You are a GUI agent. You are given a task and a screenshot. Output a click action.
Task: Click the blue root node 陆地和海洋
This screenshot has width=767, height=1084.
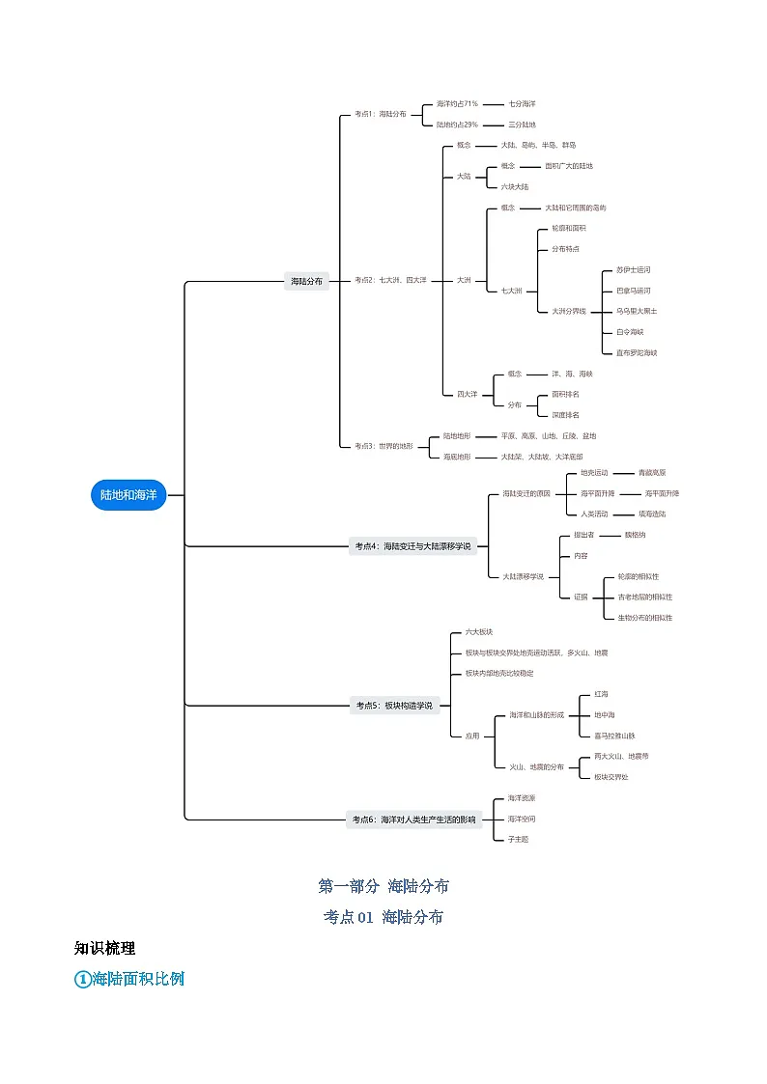pos(128,495)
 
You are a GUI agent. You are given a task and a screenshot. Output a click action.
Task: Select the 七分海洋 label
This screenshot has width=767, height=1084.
pos(523,103)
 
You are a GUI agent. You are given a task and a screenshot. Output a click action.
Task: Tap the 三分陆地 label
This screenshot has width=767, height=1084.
pos(523,125)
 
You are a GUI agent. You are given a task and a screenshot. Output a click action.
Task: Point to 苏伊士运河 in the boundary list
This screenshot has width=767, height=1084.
pos(634,270)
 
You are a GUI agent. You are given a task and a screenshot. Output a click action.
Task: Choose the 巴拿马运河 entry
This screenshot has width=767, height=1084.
pos(634,291)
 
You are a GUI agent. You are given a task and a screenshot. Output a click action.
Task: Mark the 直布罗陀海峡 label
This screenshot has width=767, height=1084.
pos(637,353)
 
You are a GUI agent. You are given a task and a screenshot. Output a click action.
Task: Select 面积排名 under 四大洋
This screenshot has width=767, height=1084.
pos(566,394)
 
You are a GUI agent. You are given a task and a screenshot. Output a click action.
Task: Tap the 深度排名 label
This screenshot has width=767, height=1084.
pos(566,415)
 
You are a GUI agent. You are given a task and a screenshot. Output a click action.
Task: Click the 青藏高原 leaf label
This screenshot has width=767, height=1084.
pos(652,473)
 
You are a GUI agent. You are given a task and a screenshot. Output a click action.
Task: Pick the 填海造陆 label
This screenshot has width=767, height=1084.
pos(652,514)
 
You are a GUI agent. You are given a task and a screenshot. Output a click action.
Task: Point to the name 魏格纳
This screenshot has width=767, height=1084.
pos(636,535)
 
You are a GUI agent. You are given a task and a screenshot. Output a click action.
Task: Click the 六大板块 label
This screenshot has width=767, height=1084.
pos(479,631)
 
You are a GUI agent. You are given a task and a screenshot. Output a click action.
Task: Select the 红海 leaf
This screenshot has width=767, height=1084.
pos(602,694)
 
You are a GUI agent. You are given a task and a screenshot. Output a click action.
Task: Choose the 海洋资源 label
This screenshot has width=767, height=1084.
pos(522,798)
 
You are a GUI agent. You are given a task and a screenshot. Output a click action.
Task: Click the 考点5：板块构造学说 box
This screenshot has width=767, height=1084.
pos(394,706)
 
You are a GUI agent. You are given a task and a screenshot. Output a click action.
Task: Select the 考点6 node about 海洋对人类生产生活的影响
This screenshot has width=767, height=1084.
pos(413,820)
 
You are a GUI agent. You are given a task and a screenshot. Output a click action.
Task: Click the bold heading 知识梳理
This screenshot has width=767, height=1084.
pos(104,948)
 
